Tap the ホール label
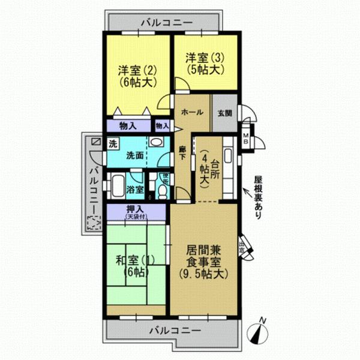pos(191,112)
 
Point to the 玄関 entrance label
pos(224,112)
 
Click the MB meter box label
pos(246,139)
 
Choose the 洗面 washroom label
pos(134,155)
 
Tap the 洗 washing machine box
pos(113,144)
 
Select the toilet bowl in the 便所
pos(161,191)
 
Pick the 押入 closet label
pos(136,211)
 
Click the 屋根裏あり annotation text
pos(257,197)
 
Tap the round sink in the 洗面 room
pos(155,142)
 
